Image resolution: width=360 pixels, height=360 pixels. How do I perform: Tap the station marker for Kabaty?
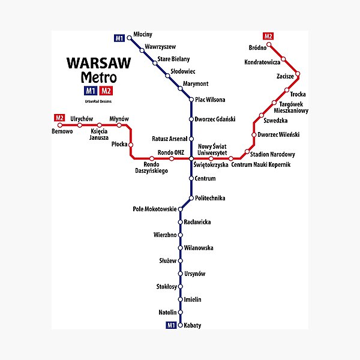(x=180, y=325)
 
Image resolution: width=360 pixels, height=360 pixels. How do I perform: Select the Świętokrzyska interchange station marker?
(x=191, y=158)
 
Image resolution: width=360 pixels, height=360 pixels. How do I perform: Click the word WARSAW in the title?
(x=92, y=64)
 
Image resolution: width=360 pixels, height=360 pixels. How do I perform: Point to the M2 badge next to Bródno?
(x=268, y=36)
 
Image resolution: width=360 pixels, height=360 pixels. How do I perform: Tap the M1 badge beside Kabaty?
(x=171, y=325)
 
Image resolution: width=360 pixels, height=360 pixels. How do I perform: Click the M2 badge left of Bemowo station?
(x=59, y=118)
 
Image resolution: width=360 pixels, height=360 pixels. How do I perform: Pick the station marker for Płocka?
(x=131, y=145)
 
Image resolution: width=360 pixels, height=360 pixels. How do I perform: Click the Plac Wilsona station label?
(x=211, y=100)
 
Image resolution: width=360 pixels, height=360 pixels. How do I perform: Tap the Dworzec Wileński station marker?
(x=253, y=134)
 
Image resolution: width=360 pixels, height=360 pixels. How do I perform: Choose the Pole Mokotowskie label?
(x=154, y=209)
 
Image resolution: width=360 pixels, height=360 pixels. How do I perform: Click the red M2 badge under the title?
(x=106, y=91)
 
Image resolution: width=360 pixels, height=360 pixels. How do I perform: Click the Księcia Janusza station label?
(x=100, y=134)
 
